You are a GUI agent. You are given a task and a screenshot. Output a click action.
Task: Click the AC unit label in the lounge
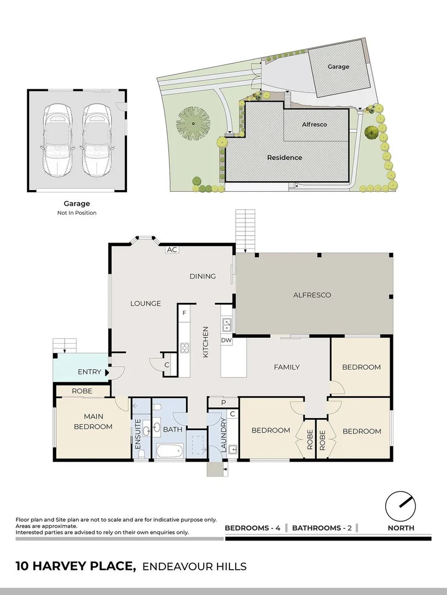(172, 250)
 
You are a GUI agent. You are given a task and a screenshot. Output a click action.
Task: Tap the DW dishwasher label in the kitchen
(226, 340)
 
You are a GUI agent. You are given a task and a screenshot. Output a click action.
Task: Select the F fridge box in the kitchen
(183, 313)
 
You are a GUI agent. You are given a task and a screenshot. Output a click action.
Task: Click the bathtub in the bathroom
(169, 451)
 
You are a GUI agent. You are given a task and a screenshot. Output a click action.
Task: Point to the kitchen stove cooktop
(184, 348)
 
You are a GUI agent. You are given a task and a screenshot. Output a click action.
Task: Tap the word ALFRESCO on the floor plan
(312, 295)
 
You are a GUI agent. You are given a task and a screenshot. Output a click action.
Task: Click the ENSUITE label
(138, 435)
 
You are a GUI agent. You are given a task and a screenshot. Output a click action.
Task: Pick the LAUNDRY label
(223, 435)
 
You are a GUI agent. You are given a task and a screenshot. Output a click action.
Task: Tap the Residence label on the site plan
(284, 158)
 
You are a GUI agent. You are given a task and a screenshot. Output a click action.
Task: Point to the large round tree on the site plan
(194, 123)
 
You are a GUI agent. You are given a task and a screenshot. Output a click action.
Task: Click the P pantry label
(223, 403)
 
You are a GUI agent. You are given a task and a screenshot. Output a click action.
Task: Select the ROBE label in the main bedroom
(82, 391)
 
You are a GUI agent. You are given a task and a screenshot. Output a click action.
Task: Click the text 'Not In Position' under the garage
(77, 213)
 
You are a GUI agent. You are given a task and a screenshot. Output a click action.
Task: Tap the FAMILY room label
(286, 367)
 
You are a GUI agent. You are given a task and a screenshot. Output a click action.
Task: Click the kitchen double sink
(226, 325)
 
